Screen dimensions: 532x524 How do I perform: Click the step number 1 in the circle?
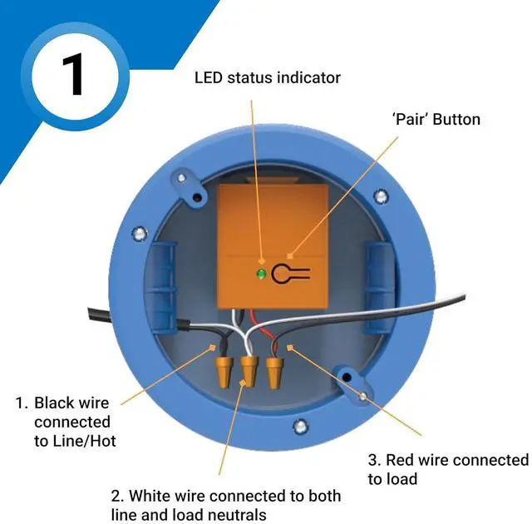point(73,76)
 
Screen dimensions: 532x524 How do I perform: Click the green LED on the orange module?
point(261,274)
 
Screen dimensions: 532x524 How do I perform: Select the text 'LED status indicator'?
point(267,77)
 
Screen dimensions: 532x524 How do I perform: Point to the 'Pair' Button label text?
point(436,119)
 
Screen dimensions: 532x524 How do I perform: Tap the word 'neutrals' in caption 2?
point(240,515)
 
